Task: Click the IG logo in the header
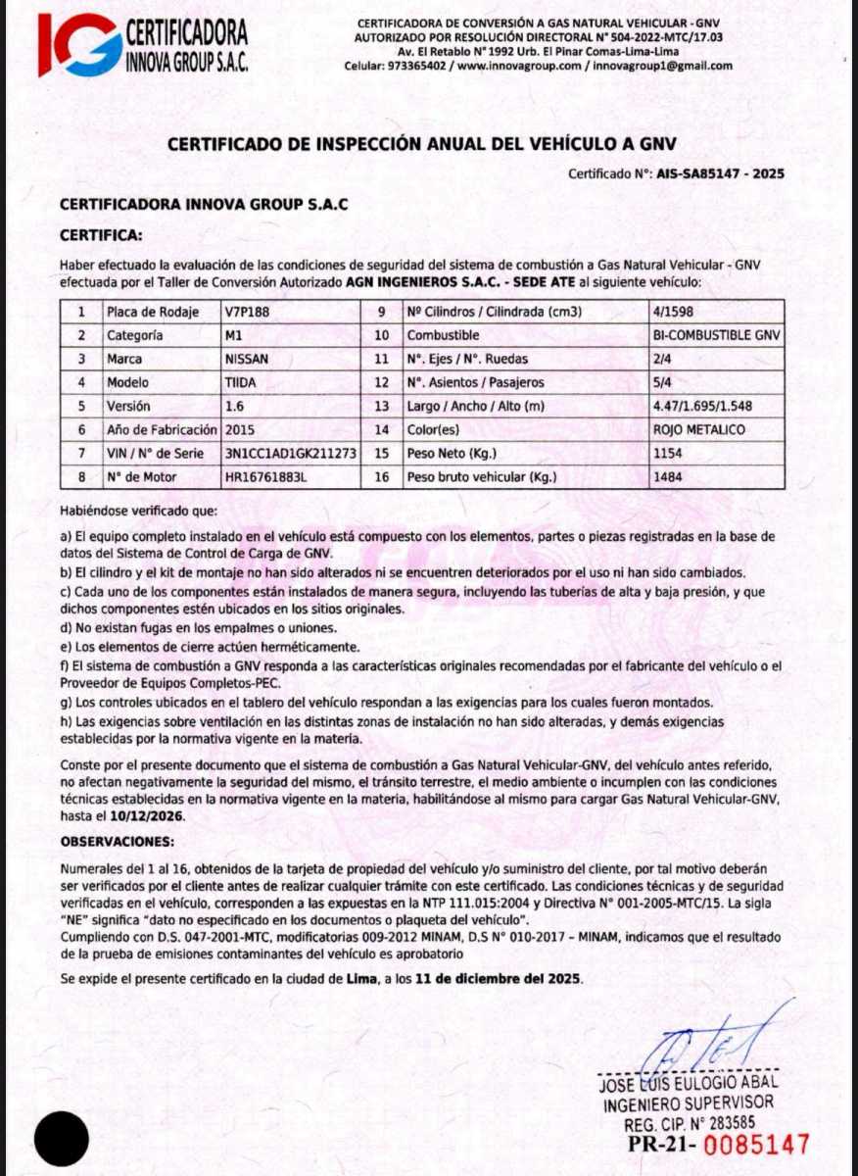coord(78,44)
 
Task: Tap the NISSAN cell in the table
coord(247,359)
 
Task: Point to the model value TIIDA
coord(241,382)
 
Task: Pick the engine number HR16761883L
coord(265,478)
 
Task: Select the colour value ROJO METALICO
coord(699,430)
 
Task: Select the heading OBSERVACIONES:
coord(118,842)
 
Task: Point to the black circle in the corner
coord(62,1139)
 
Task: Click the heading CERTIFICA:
coord(101,236)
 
